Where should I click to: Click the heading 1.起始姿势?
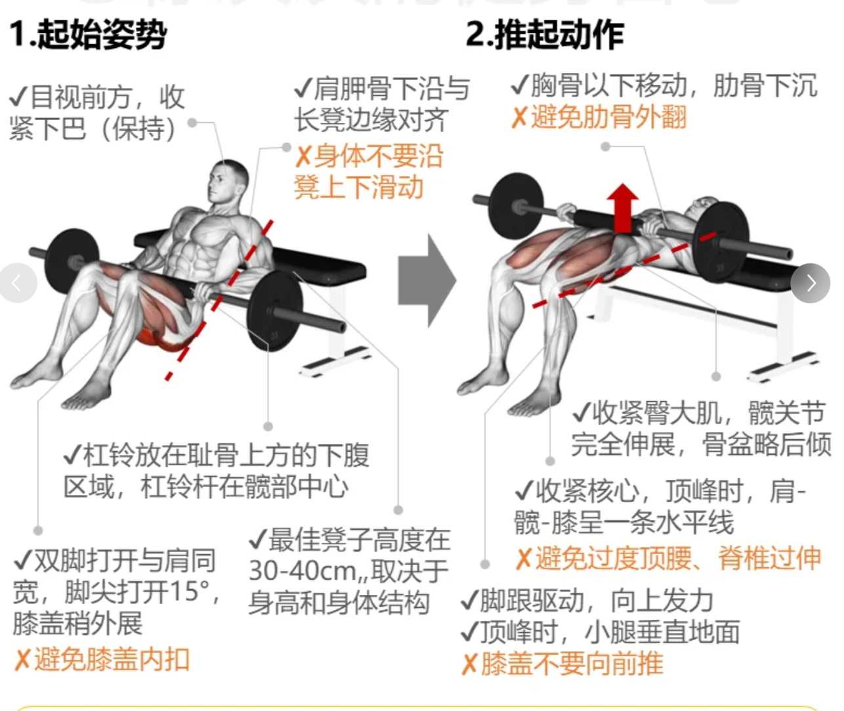point(88,35)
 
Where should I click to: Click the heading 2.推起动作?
point(545,35)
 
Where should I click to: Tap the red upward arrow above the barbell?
point(622,208)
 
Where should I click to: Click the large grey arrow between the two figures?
point(427,280)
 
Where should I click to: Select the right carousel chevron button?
point(810,283)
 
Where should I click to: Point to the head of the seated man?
point(227,182)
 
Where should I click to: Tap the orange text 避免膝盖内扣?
point(112,660)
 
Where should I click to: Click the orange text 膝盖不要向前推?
point(572,664)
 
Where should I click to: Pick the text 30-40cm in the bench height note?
point(301,571)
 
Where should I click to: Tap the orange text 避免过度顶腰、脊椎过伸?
point(678,559)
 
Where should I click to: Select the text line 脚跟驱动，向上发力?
point(596,601)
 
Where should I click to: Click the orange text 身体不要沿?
point(379,156)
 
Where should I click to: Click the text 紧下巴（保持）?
point(93,129)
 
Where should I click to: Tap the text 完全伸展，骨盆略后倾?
point(702,444)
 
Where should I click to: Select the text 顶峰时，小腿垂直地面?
point(610,632)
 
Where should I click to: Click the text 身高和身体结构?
point(339,603)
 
